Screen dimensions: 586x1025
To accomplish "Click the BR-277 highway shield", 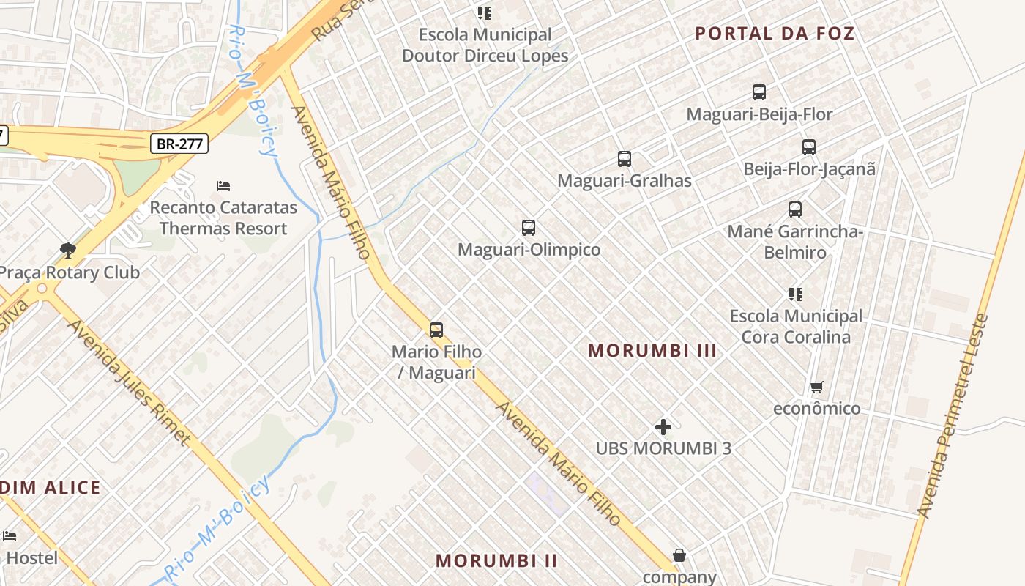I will click(179, 144).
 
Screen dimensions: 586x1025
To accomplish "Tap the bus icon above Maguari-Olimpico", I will click(529, 228).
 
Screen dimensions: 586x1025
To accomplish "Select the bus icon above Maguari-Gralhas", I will click(624, 159).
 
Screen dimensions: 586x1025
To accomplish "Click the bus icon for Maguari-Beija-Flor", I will click(759, 92).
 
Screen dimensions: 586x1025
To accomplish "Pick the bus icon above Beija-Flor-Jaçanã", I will click(808, 147).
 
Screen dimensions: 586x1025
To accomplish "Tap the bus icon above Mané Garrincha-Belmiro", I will click(795, 209).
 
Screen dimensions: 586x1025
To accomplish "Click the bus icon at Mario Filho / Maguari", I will click(436, 330).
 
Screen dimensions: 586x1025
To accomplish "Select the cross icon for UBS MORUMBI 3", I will click(663, 426).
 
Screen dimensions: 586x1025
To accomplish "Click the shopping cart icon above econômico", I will click(816, 387).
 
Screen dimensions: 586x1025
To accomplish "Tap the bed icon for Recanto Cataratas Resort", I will click(223, 186).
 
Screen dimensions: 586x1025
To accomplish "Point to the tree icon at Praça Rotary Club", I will click(68, 251).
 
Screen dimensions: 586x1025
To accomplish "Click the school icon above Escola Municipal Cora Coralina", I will click(796, 294).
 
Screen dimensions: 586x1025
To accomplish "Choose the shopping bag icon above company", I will click(679, 555).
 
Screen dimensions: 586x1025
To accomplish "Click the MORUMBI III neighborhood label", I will click(652, 351).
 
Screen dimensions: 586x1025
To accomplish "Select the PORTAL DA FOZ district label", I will click(775, 33).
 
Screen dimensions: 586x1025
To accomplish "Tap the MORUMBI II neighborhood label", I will click(496, 561).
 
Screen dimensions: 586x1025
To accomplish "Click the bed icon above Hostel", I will click(10, 536).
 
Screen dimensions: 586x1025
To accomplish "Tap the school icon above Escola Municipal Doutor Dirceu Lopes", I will click(484, 12).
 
